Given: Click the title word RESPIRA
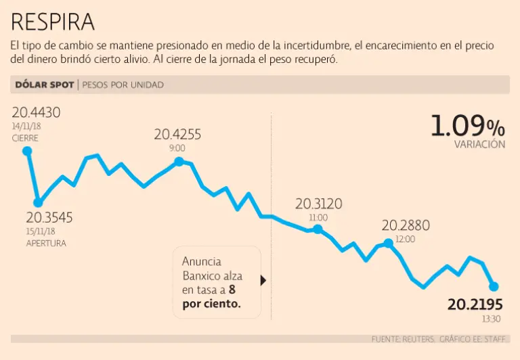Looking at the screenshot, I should pyautogui.click(x=53, y=22).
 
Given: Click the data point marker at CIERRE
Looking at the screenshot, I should pyautogui.click(x=27, y=151).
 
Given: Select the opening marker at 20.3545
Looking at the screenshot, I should pyautogui.click(x=39, y=202).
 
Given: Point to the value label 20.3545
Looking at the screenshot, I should pyautogui.click(x=49, y=218).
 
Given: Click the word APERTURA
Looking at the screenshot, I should pyautogui.click(x=46, y=243).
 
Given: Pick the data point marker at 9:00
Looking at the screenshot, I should pyautogui.click(x=179, y=161).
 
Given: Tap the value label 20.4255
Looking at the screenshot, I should pyautogui.click(x=177, y=134).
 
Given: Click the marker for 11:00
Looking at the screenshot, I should pyautogui.click(x=318, y=230).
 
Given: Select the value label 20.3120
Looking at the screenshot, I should pyautogui.click(x=318, y=204).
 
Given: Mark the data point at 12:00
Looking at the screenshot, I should pyautogui.click(x=388, y=242).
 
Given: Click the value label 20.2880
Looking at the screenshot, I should pyautogui.click(x=406, y=225).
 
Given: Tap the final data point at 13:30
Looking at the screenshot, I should pyautogui.click(x=494, y=286).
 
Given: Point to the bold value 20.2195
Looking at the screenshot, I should pyautogui.click(x=475, y=305).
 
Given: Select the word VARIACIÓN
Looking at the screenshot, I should pyautogui.click(x=480, y=144).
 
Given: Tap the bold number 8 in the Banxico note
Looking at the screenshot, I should pyautogui.click(x=232, y=290).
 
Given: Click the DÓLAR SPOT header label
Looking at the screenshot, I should pyautogui.click(x=44, y=85).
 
